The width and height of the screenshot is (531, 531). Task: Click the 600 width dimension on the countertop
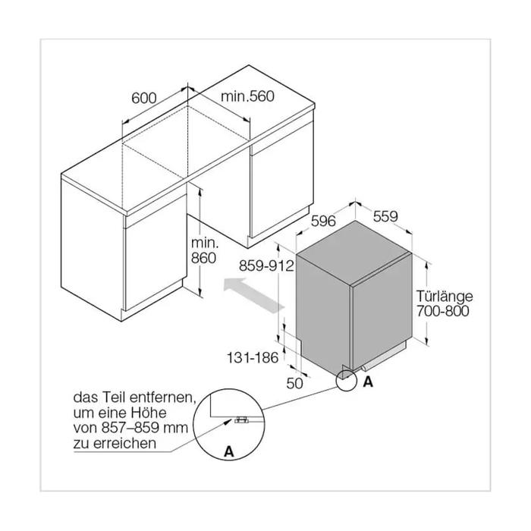click(x=144, y=98)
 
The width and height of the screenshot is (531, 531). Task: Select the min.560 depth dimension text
click(x=247, y=96)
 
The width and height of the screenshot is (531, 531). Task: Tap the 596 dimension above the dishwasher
click(x=323, y=222)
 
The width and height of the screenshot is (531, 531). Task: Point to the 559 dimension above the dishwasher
click(x=385, y=216)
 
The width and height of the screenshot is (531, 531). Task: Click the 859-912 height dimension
click(x=266, y=265)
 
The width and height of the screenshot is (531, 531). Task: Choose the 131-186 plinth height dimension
click(x=253, y=357)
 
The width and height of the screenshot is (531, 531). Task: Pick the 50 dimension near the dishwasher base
click(x=294, y=383)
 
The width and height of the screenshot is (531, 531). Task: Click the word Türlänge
click(x=445, y=296)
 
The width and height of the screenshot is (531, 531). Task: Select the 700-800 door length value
click(x=442, y=311)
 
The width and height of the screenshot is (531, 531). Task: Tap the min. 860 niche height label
click(x=204, y=250)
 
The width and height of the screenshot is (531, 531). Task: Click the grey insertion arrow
click(x=253, y=294)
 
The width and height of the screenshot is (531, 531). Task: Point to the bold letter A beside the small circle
click(x=368, y=382)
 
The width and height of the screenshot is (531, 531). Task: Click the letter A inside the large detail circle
click(x=229, y=451)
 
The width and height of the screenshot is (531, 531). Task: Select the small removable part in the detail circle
click(x=241, y=420)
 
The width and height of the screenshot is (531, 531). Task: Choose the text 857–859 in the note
click(x=130, y=428)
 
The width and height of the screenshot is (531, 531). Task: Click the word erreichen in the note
click(x=124, y=443)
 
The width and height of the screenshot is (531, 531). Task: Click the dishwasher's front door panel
click(x=382, y=312)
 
